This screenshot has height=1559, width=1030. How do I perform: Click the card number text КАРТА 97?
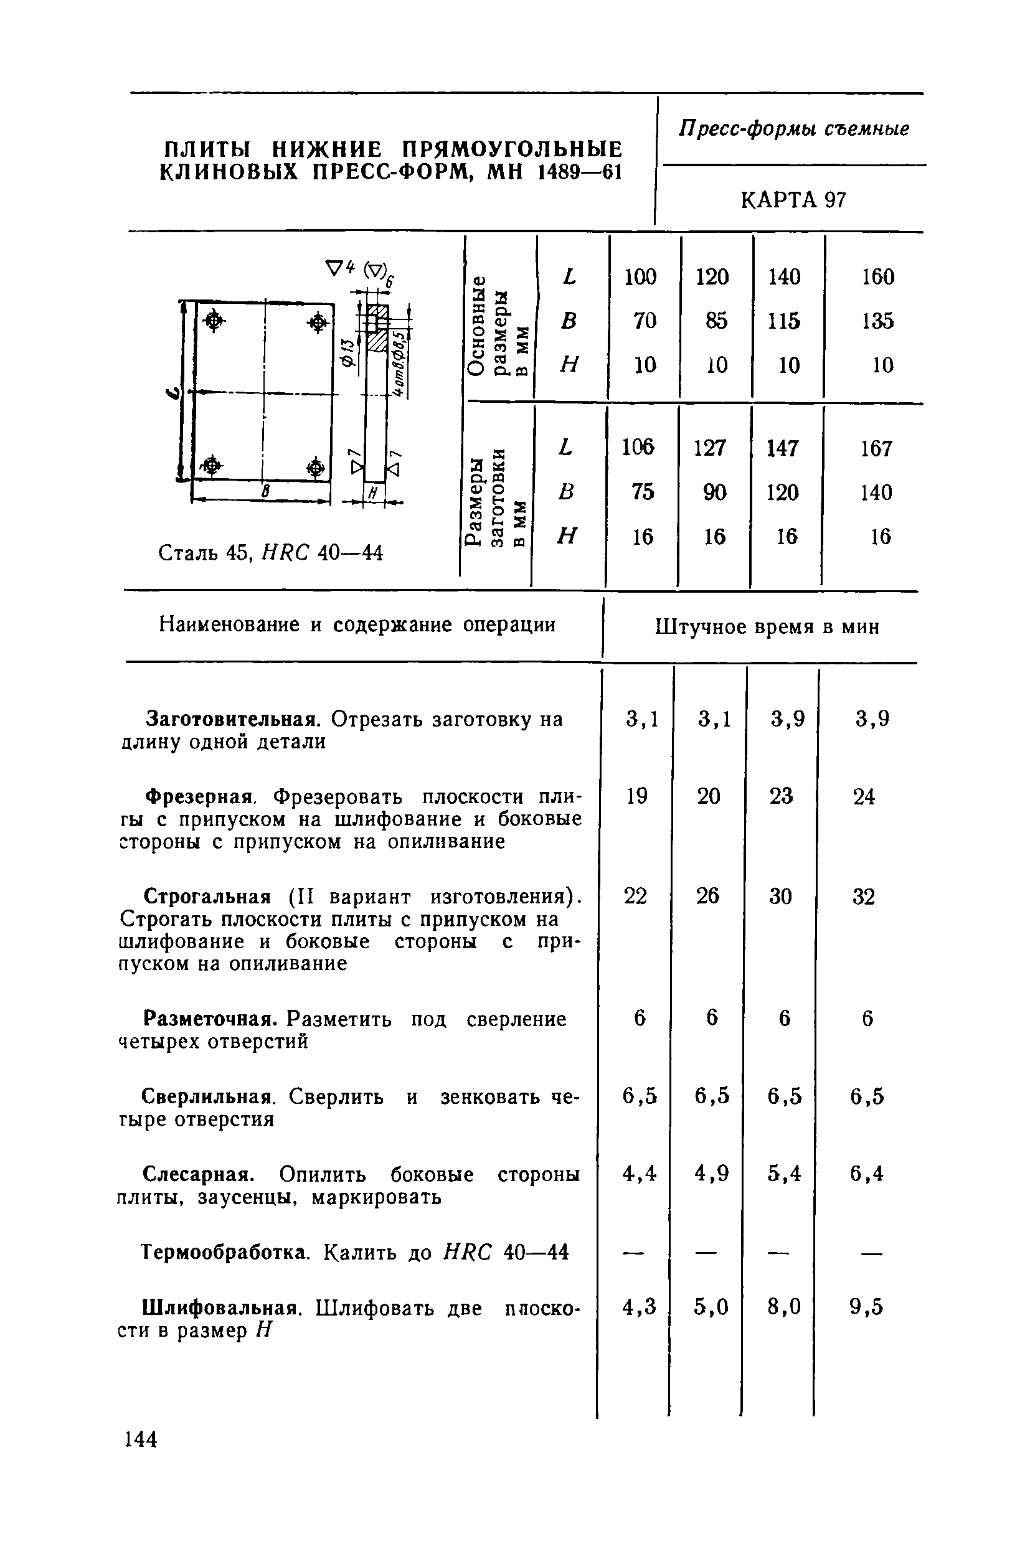(793, 200)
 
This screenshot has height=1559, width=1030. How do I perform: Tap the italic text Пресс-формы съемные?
(793, 129)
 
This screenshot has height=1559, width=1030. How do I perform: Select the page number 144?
(141, 1439)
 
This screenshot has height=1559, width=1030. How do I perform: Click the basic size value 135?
(877, 321)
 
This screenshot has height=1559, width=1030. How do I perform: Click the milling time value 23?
(781, 796)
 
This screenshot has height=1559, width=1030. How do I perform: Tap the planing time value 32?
(864, 897)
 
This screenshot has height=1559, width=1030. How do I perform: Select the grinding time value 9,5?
(866, 1307)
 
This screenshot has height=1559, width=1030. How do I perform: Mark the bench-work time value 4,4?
(639, 1173)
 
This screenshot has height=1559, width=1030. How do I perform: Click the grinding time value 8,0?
(784, 1307)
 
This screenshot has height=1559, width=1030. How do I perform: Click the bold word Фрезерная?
(199, 797)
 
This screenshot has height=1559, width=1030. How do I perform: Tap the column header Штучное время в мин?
(767, 627)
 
